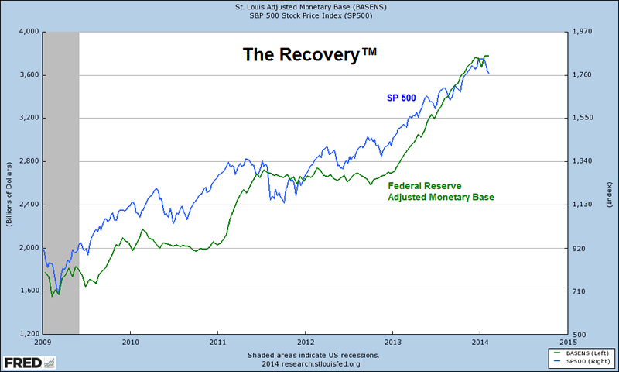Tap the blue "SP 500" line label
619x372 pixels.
click(x=405, y=98)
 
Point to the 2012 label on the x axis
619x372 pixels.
click(x=306, y=342)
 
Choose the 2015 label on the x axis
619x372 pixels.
click(x=568, y=342)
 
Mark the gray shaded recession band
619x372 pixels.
click(x=61, y=182)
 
